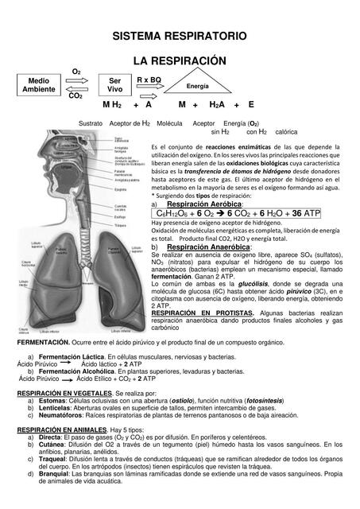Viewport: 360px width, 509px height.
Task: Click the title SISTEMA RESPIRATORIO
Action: point(180,37)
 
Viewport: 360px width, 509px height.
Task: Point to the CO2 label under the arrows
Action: point(75,96)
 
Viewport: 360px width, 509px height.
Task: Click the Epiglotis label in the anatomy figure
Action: point(122,189)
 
